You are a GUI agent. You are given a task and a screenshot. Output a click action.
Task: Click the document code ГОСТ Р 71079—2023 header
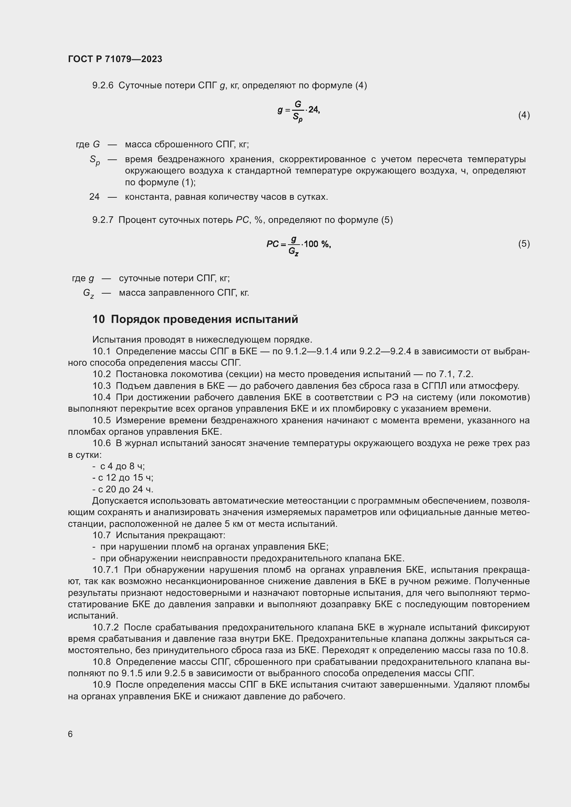point(115,59)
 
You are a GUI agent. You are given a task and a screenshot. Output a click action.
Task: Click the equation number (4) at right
point(524,115)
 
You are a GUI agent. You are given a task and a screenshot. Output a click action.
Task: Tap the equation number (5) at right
point(524,244)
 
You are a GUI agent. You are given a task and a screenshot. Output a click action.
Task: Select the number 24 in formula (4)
point(313,110)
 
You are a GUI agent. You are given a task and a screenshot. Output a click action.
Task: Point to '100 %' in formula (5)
point(317,244)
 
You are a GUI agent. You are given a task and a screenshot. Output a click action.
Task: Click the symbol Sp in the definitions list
point(95,160)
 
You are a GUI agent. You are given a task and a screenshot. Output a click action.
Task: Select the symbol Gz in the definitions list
point(88,293)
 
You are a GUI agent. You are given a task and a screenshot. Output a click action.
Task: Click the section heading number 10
point(98,319)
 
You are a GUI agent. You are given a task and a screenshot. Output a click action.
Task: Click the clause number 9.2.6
point(103,86)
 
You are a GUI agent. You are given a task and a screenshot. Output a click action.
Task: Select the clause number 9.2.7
point(103,220)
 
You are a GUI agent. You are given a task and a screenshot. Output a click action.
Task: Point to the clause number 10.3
point(101,386)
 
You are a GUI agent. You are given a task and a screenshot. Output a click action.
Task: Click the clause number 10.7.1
point(106,570)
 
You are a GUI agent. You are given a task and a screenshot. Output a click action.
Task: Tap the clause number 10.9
point(101,685)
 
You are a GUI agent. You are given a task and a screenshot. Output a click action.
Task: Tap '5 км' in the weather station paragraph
point(232,524)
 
